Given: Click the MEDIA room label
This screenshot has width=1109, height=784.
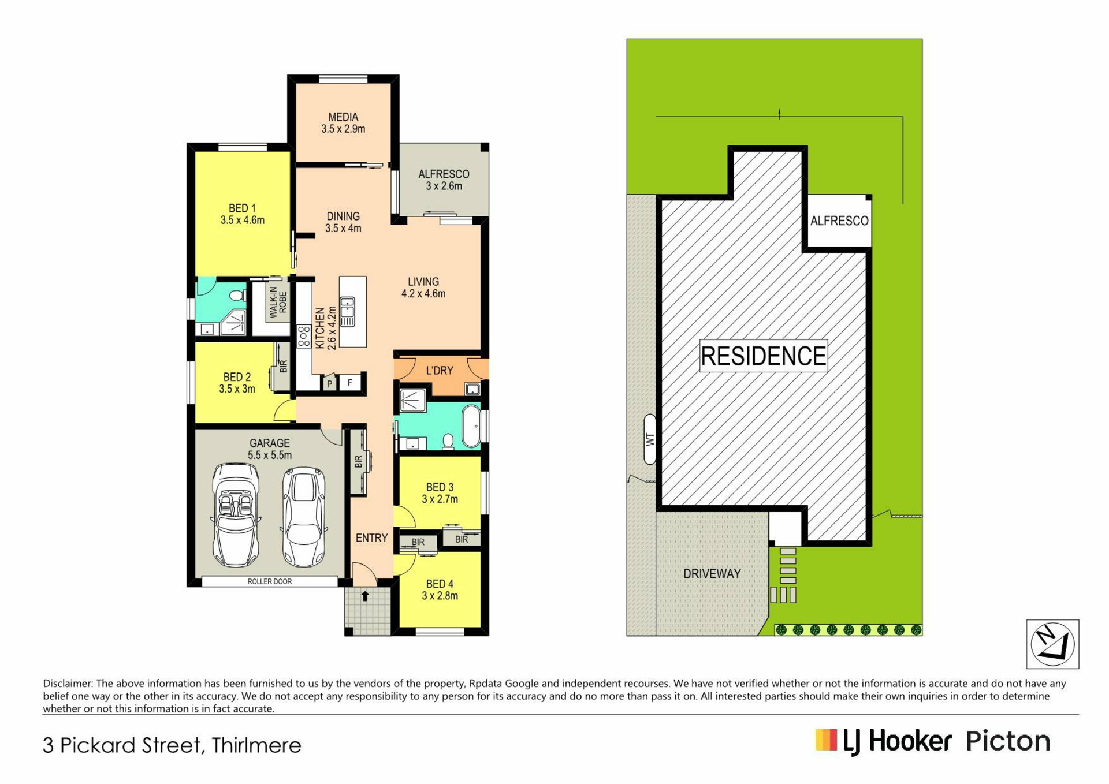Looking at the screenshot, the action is (343, 117).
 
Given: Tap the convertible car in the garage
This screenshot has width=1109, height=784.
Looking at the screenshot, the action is (236, 516).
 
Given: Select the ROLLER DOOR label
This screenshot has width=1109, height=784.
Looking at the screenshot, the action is (270, 581).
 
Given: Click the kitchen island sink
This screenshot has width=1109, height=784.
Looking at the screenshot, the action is (347, 312).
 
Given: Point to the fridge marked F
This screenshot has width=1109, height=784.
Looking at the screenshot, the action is (350, 382).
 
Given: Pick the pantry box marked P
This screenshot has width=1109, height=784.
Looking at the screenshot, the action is (329, 383).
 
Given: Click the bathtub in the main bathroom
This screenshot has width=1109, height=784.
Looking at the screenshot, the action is (471, 427).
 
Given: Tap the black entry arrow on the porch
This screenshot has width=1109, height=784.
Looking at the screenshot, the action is (365, 596).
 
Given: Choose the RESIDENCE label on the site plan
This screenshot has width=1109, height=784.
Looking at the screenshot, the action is (764, 356).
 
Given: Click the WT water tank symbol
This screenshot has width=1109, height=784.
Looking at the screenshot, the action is (650, 439).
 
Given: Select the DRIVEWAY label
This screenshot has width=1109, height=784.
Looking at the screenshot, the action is (712, 574).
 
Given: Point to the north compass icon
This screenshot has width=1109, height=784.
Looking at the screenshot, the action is (1052, 644).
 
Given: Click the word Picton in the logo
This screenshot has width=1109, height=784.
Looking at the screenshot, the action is (1008, 741).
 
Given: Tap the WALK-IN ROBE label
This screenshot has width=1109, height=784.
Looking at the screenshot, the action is (278, 302).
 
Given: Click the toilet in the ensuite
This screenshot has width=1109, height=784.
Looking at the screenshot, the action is (237, 296).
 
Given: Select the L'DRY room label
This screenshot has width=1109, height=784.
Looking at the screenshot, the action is (440, 371).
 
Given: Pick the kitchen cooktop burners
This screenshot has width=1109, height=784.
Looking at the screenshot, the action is (304, 336).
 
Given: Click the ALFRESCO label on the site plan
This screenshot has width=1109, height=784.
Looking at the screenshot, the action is (839, 221).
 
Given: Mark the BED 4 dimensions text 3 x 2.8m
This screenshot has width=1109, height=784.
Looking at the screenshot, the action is (440, 596).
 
